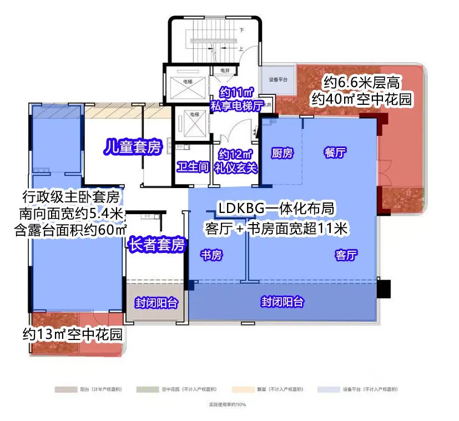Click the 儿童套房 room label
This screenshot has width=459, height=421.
click(x=133, y=147)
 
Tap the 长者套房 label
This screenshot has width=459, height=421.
click(x=157, y=244)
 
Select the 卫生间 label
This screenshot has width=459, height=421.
click(x=192, y=166)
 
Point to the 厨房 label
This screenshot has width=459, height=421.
click(x=281, y=154)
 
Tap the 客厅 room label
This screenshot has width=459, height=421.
click(x=346, y=255)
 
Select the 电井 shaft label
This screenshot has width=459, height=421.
click(x=225, y=70)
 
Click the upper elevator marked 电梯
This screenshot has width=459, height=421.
click(x=186, y=82)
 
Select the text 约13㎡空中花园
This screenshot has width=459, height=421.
click(x=72, y=334)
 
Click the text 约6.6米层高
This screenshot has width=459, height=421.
click(x=362, y=83)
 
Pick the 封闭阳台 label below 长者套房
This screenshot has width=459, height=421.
click(x=157, y=303)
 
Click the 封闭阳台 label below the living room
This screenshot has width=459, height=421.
click(x=283, y=302)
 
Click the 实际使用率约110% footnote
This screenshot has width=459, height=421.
click(x=227, y=405)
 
